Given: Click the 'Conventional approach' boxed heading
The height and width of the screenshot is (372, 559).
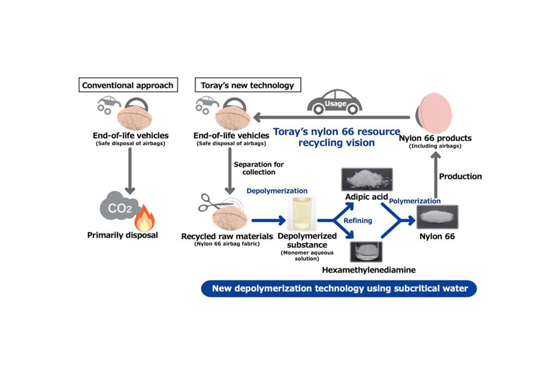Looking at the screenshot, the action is (x=128, y=85).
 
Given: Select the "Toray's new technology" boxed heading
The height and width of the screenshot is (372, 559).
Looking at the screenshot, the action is (x=248, y=85).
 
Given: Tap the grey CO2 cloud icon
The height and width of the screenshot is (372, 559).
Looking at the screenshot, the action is (x=117, y=207).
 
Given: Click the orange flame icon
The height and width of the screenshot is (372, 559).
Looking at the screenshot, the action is (x=144, y=218).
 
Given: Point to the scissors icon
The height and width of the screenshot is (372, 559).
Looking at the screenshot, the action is (x=211, y=202).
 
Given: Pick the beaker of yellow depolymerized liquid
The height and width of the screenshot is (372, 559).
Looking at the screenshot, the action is (x=302, y=214).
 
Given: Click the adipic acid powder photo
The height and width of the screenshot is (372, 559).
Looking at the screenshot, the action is (x=367, y=179).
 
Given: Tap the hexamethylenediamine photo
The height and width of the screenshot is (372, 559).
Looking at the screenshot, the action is (x=366, y=252).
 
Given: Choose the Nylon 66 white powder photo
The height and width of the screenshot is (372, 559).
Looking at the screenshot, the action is (x=437, y=217).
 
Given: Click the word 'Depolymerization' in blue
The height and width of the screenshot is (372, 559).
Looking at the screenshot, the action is (x=277, y=191).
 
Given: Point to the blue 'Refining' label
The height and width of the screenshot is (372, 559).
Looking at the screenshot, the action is (x=358, y=221).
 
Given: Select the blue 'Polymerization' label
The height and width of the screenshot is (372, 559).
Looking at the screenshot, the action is (x=415, y=201).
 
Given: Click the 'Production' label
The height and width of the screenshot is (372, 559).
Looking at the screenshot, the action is (x=460, y=176).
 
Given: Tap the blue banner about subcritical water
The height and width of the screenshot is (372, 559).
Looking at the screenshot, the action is (x=339, y=288).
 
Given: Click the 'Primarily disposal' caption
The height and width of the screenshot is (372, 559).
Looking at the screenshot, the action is (x=123, y=235).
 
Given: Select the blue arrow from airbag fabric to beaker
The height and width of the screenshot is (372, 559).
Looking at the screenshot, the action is (x=269, y=221).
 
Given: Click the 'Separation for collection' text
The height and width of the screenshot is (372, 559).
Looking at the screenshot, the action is (x=259, y=168).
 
